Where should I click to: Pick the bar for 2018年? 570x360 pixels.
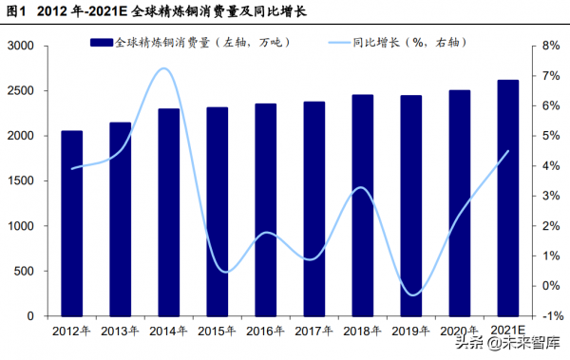point(363,205)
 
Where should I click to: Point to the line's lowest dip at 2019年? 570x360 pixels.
point(411,294)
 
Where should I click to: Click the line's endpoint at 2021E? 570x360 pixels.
point(508,151)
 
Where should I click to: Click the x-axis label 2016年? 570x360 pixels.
point(266,331)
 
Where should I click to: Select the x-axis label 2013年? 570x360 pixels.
point(120,331)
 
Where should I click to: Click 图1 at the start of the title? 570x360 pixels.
point(16,11)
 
